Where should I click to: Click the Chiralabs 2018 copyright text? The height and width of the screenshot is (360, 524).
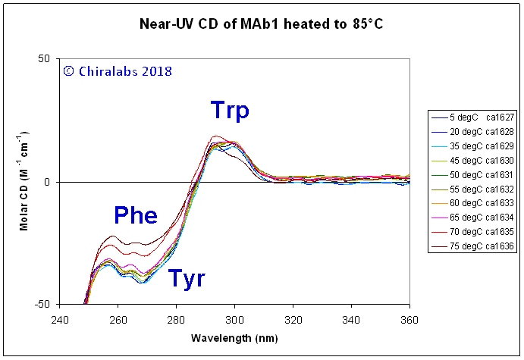click(118, 71)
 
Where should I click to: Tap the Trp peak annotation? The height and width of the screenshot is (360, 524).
click(231, 111)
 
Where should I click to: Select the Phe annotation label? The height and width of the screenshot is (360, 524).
click(136, 215)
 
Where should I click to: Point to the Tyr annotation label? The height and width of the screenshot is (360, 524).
click(187, 278)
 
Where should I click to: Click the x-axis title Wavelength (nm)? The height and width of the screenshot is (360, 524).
click(234, 336)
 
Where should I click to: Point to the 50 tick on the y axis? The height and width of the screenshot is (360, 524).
click(44, 59)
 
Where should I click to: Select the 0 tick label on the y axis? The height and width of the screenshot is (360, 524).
click(48, 182)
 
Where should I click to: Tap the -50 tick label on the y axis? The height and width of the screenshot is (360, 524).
click(42, 305)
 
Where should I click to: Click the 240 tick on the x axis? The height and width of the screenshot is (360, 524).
click(60, 320)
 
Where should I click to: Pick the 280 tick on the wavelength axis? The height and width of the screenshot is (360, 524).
click(177, 320)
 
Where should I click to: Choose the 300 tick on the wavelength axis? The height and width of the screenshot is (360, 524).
click(235, 320)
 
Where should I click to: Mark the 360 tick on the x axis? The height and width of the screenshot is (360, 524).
click(409, 320)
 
